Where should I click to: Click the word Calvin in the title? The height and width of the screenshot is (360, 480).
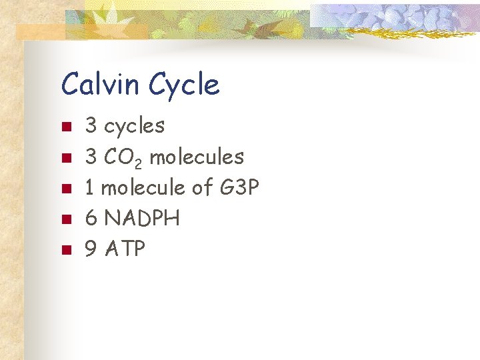(x=101, y=85)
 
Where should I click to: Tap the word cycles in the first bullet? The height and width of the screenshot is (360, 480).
(x=135, y=125)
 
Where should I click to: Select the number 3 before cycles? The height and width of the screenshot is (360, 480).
(x=91, y=125)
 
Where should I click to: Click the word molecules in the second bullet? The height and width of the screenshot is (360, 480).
(x=197, y=157)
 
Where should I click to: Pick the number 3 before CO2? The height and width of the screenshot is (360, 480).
(x=91, y=157)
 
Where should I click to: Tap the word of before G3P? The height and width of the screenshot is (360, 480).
(x=202, y=188)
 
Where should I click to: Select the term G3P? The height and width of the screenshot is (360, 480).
(x=239, y=188)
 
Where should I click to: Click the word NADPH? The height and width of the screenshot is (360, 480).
(x=143, y=219)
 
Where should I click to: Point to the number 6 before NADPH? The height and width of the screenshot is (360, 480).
(x=91, y=219)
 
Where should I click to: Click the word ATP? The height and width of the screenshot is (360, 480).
(x=125, y=249)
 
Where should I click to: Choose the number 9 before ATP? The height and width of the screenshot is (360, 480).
(x=91, y=249)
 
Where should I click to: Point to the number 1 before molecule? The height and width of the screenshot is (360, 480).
(x=91, y=188)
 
